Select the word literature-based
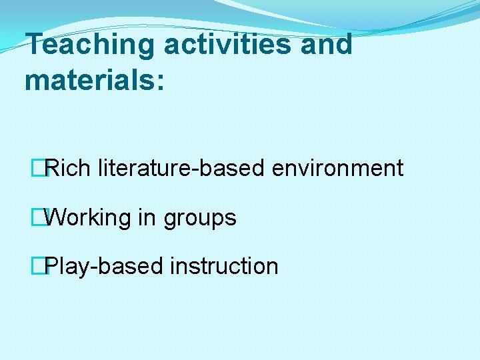181,168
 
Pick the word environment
337,168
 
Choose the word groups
200,218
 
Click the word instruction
224,266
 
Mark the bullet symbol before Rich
45,168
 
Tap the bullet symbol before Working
45,217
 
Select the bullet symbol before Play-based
45,266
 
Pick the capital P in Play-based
53,266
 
